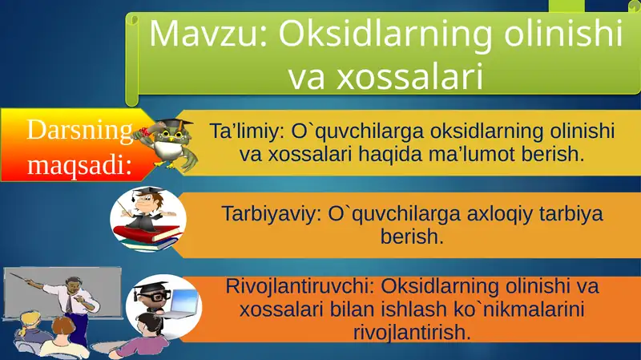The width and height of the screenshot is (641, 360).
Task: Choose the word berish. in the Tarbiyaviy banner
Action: click(411, 237)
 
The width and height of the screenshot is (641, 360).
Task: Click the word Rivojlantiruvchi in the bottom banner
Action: click(300, 286)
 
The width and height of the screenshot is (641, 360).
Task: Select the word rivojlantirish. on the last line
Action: click(411, 331)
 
